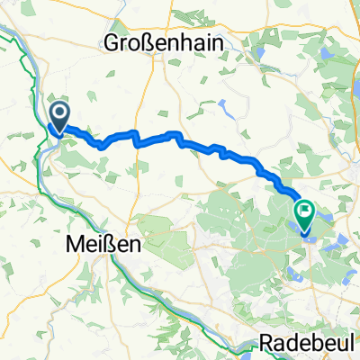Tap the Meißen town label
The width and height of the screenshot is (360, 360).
click(100, 244)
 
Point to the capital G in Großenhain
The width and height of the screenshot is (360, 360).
click(112, 42)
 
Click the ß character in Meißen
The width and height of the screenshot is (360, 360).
click(111, 244)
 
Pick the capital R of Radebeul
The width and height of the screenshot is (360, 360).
click(265, 343)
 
